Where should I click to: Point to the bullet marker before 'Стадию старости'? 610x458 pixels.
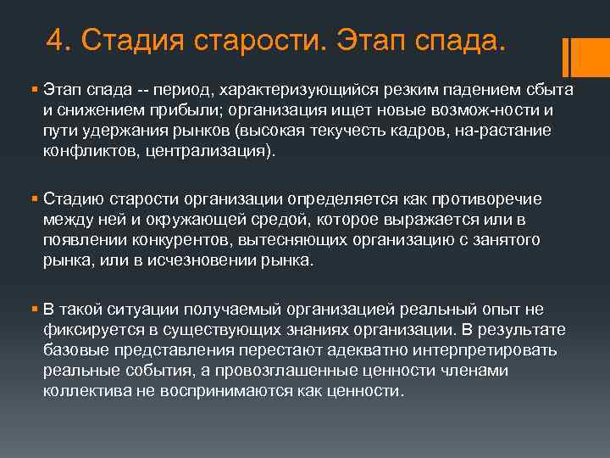(33, 199)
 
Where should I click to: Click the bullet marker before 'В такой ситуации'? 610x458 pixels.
(33, 309)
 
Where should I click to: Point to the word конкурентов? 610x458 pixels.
(171, 240)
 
